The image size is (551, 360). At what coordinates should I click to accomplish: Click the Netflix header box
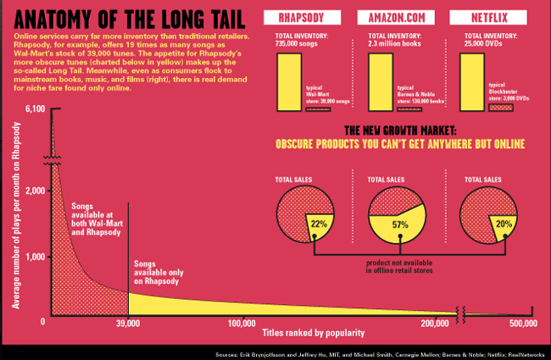tap(501, 19)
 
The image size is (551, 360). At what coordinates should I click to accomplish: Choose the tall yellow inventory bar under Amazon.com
tap(381, 81)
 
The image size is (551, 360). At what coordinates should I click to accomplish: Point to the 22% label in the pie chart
tap(319, 224)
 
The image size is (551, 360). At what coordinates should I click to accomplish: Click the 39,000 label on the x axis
tap(127, 324)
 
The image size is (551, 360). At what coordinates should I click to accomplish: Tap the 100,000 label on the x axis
tap(243, 324)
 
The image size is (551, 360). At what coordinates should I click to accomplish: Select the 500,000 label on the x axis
tap(523, 324)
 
